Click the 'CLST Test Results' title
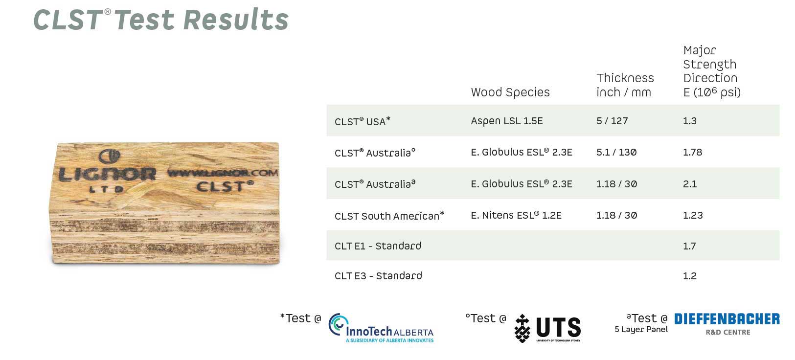[x=161, y=20]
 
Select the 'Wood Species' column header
[x=510, y=92]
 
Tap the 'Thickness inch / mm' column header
[x=625, y=85]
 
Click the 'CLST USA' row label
[x=363, y=121]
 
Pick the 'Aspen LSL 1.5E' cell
[x=507, y=121]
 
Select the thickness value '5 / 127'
[x=612, y=121]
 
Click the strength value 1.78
[x=692, y=152]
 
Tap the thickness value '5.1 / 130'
[x=616, y=152]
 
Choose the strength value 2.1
[x=690, y=184]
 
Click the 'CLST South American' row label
[x=389, y=216]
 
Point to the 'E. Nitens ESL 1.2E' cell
[x=516, y=215]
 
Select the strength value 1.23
[x=693, y=215]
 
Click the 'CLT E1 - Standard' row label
[x=378, y=246]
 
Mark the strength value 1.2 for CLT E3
[x=690, y=276]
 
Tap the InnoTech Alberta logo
[x=381, y=328]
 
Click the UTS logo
[x=547, y=328]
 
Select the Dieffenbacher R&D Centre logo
[x=727, y=324]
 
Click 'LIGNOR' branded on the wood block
[x=107, y=174]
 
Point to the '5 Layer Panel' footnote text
[x=641, y=330]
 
